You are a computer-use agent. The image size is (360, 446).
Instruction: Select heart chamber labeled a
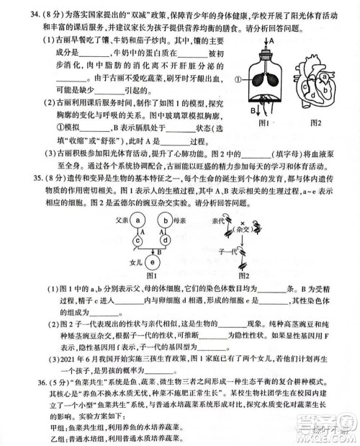click(325, 76)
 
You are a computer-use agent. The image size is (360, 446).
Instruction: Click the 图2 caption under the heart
click(315, 123)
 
